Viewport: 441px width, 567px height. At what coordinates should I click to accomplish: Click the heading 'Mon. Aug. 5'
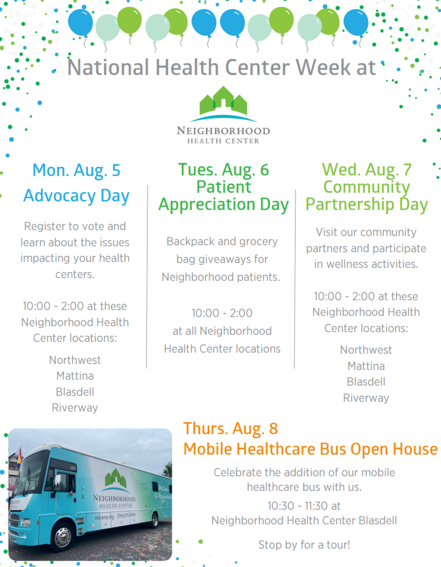[76, 170]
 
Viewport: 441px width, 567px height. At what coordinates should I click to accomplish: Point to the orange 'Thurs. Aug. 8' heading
[231, 429]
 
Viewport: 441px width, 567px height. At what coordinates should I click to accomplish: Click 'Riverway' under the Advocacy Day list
[75, 408]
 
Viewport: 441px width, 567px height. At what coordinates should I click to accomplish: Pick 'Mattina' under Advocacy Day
[75, 376]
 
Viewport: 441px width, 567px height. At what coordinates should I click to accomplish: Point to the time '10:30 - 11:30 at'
[304, 506]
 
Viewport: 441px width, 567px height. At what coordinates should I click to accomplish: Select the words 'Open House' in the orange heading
[394, 449]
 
